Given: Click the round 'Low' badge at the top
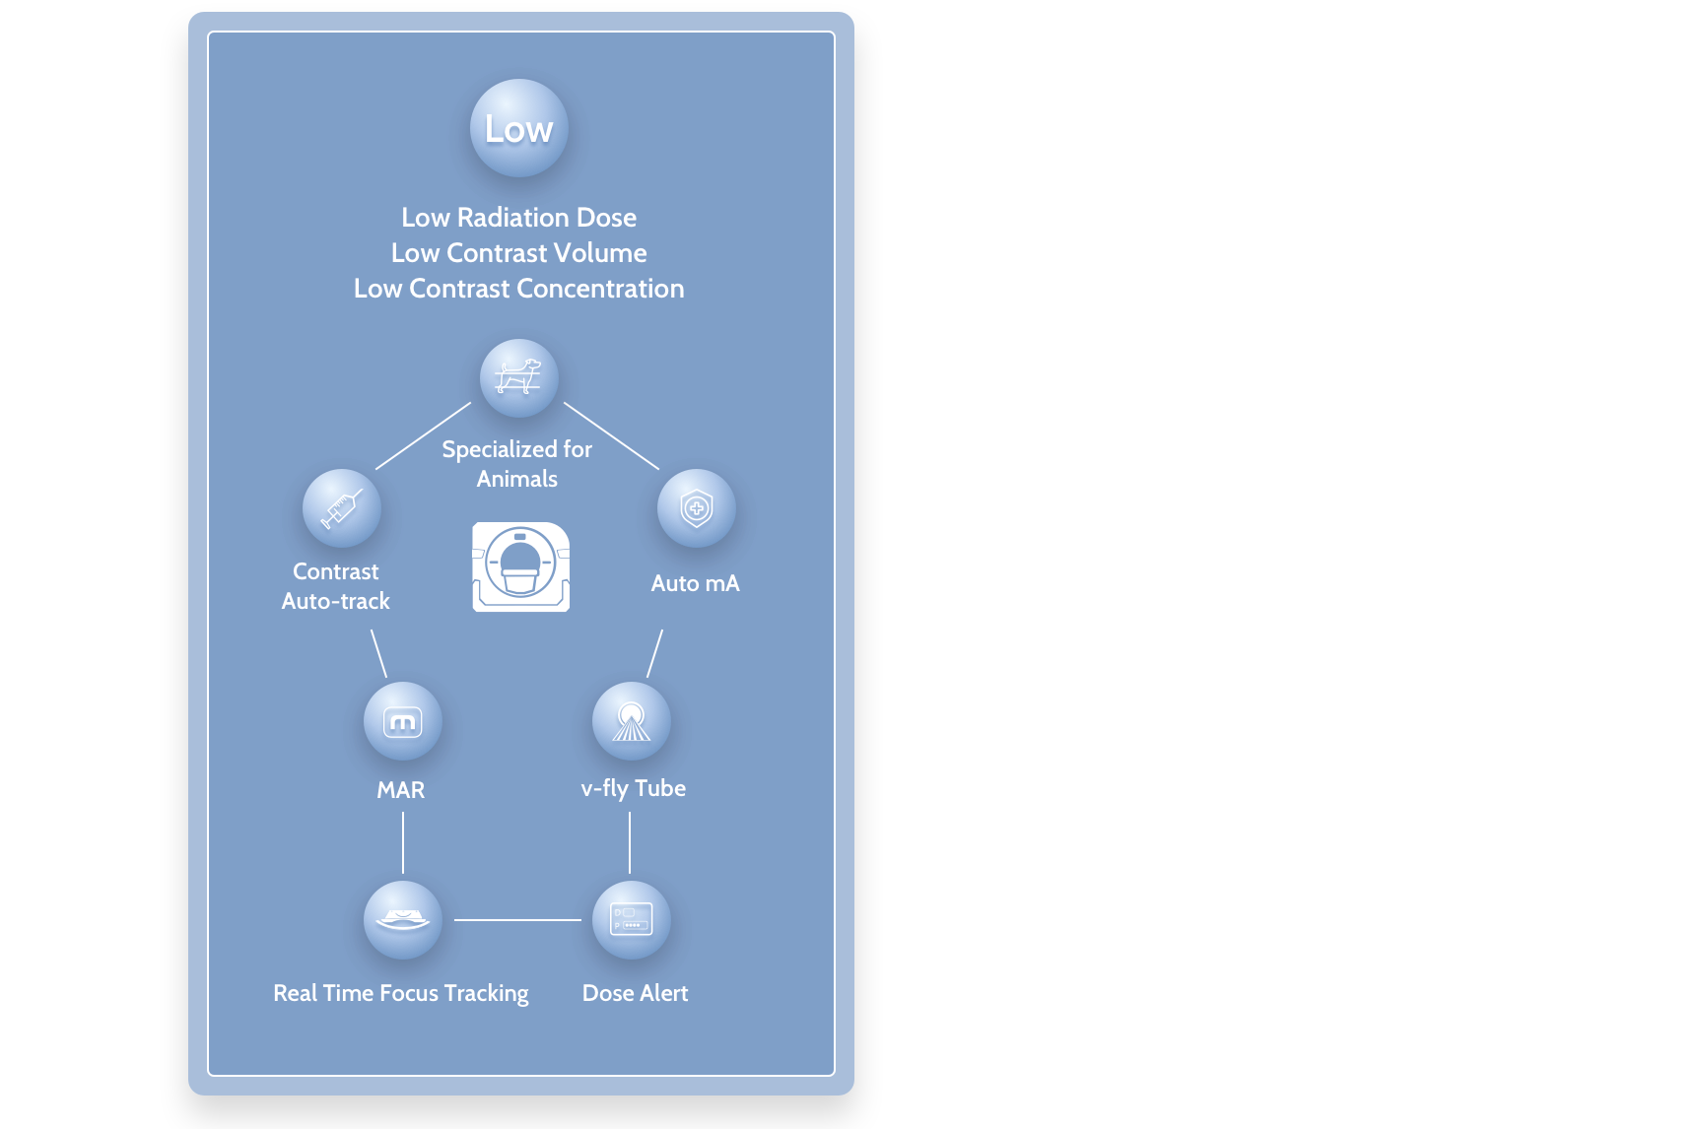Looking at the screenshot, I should [x=519, y=128].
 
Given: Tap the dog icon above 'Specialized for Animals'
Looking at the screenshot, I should [x=519, y=377].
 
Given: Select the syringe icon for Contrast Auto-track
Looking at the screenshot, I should [x=342, y=508].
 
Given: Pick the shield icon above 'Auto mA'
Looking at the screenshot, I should [x=697, y=508].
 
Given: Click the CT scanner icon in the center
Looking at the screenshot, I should [x=521, y=566].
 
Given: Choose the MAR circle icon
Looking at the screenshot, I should [x=403, y=721].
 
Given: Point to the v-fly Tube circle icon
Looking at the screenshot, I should [x=632, y=721].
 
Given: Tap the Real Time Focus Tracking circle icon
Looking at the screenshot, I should [x=403, y=920].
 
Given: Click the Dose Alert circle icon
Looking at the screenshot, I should [x=632, y=920].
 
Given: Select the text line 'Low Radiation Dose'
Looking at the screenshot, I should [x=519, y=218].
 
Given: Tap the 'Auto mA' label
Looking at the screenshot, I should [x=695, y=583].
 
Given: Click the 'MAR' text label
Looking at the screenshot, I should [x=401, y=790].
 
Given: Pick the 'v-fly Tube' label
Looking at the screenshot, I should [x=634, y=788].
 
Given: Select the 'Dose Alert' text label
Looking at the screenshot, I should [x=636, y=993].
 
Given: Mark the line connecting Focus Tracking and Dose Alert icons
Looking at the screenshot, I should [x=517, y=920].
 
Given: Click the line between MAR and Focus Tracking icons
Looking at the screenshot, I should [x=403, y=843].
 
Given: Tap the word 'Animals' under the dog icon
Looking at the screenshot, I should [x=517, y=479].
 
